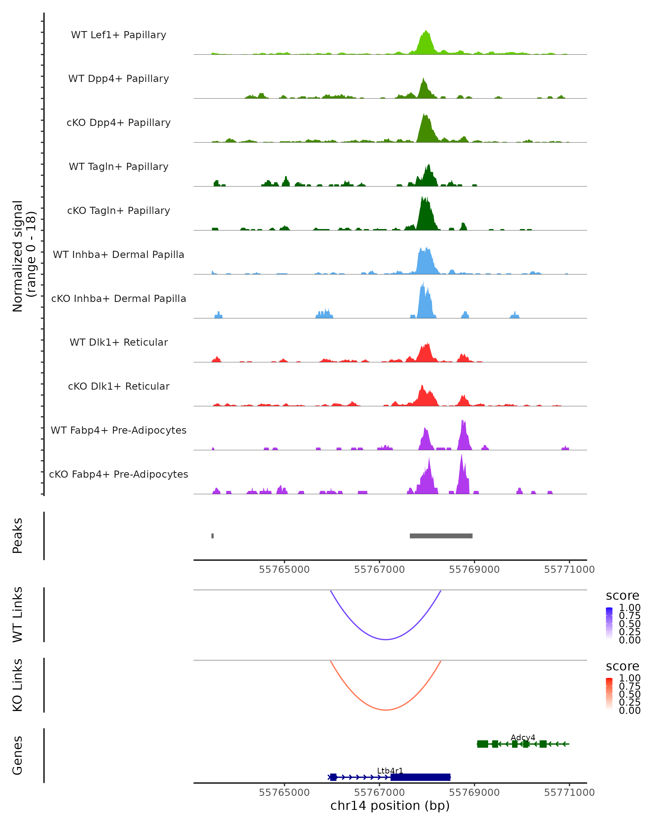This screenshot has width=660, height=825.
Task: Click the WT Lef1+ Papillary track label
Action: tap(119, 35)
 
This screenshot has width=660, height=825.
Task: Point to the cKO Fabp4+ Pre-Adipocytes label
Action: tap(119, 474)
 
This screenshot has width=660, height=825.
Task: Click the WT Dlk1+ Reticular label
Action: tap(119, 342)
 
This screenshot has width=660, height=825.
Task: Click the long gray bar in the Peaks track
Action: tap(441, 536)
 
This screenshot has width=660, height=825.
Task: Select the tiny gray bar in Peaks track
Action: tap(212, 536)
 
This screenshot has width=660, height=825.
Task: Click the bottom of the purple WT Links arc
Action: tap(386, 639)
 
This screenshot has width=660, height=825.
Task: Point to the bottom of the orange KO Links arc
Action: tap(386, 710)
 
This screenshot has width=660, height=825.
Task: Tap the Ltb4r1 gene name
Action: tap(390, 771)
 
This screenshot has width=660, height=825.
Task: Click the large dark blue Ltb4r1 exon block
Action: tap(420, 777)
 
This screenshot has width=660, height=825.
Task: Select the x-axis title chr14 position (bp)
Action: tap(390, 805)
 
